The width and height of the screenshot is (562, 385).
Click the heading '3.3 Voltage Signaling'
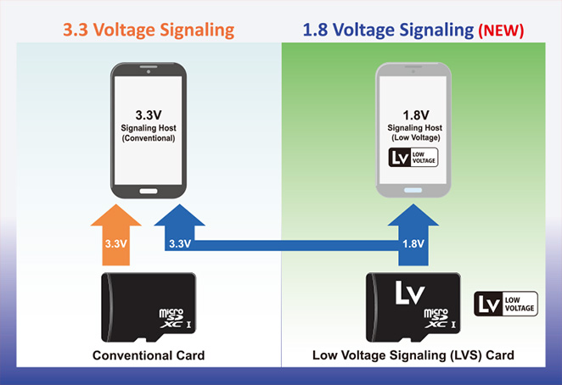point(149,30)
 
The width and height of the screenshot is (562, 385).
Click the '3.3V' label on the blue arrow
point(179,243)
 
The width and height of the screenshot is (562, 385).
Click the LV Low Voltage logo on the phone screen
point(413,157)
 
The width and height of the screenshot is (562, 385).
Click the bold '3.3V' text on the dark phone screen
point(148,114)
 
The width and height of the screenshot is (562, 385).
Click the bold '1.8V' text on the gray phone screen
point(413,114)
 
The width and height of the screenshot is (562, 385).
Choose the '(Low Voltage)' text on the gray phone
point(413,137)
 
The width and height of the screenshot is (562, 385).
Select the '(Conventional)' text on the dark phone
point(148,137)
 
